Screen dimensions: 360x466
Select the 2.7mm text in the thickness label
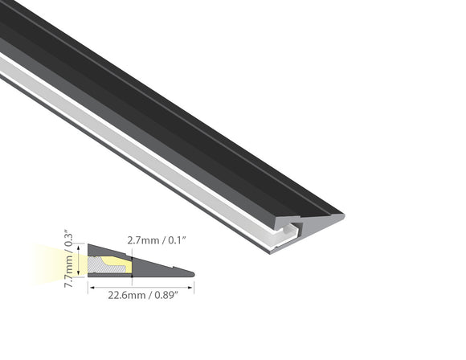pyautogui.click(x=142, y=239)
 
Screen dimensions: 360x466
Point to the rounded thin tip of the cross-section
pyautogui.click(x=190, y=274)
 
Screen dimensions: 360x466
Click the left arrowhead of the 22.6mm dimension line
pyautogui.click(x=90, y=284)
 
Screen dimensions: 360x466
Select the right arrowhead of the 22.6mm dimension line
pyautogui.click(x=192, y=284)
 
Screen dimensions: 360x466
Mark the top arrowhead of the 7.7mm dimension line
pyautogui.click(x=80, y=246)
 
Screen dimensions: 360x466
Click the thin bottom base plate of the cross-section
pyautogui.click(x=137, y=276)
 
